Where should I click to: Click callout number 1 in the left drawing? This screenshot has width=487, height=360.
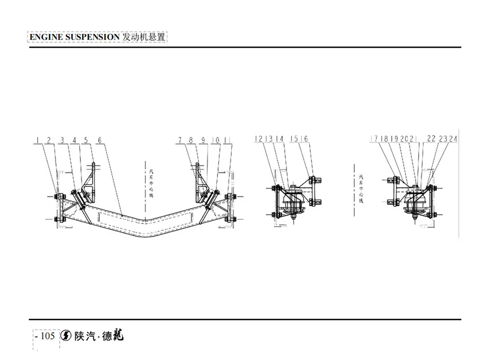coord(38,140)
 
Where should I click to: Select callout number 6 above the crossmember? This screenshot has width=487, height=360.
coord(100,140)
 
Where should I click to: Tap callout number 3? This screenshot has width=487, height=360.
coord(62,140)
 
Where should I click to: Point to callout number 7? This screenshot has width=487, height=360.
coord(180,140)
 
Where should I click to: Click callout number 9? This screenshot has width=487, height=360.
coord(203,140)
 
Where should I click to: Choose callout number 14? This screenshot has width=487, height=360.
coord(280,139)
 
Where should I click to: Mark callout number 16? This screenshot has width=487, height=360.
coord(305,139)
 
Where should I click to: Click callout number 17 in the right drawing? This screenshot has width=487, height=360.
coord(374,139)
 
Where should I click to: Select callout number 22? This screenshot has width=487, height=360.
coord(431,139)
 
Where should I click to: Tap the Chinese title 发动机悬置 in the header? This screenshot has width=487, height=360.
coord(144,38)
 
